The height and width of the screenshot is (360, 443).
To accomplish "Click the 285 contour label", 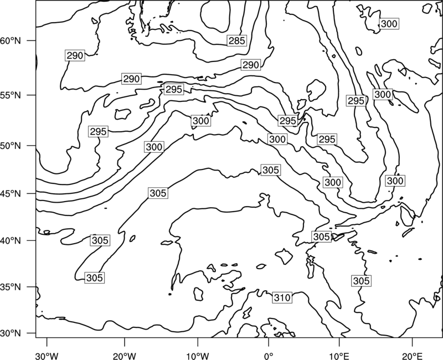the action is [x=237, y=40].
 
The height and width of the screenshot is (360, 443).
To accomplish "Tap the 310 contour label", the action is [x=282, y=297].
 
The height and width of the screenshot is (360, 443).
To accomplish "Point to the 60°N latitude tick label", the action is [x=11, y=40].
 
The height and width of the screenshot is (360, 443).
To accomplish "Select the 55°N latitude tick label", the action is [x=11, y=95].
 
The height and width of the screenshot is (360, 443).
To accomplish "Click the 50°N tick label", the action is [x=11, y=146].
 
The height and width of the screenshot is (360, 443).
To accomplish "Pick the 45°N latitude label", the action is [x=11, y=193].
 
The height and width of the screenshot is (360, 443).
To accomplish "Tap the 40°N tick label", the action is [x=11, y=241].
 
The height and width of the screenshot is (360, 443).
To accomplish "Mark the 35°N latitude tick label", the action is [x=11, y=287].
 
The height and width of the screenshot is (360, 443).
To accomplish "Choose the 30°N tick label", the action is [x=11, y=333].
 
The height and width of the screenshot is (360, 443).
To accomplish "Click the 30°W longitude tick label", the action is [x=47, y=356].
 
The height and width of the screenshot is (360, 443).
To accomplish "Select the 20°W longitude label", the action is [x=124, y=356].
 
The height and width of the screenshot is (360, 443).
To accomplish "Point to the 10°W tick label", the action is [x=198, y=356].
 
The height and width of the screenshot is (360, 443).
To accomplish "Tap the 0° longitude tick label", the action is [x=269, y=356].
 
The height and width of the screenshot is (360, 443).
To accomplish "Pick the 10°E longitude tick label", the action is [x=339, y=356].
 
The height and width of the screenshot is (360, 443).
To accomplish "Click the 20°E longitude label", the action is [x=412, y=356].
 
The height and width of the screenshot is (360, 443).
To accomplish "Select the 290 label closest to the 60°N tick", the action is [x=75, y=56].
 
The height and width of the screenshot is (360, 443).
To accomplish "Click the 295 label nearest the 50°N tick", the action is [x=99, y=132].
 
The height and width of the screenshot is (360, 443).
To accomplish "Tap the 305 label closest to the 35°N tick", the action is [x=94, y=278].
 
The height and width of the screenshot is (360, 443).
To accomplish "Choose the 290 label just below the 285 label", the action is [x=251, y=65].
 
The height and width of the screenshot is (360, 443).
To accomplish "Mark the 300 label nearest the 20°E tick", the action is [x=395, y=181].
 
